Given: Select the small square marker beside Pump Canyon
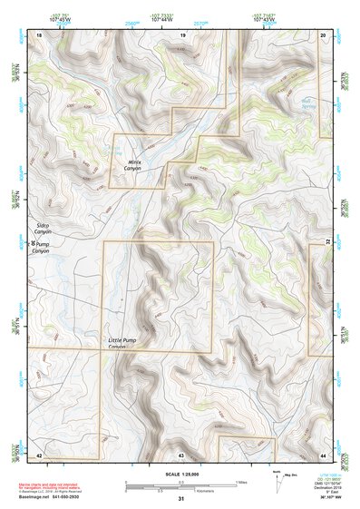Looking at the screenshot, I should click(x=34, y=244).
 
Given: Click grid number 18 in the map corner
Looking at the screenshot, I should click(x=38, y=34).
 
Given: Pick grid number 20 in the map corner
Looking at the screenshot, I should click(x=324, y=34).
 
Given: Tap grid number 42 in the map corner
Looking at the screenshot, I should click(x=38, y=453).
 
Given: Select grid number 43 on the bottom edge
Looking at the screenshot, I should click(x=181, y=453).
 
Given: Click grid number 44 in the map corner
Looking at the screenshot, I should click(x=324, y=453).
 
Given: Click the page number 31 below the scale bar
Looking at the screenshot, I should click(x=180, y=499).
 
